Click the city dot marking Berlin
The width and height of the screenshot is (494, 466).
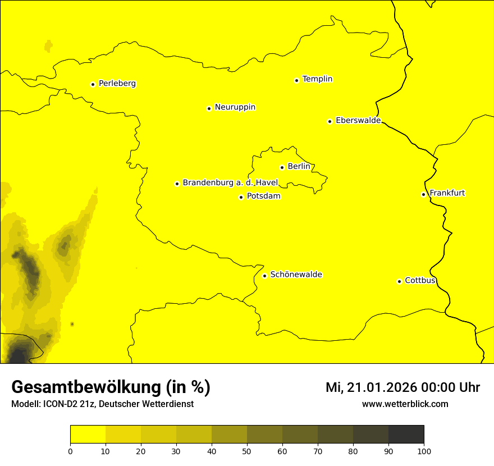point(282,167)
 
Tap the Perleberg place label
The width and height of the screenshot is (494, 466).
point(117,84)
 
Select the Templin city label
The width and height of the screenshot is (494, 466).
point(317,79)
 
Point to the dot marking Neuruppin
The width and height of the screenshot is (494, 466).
point(209,108)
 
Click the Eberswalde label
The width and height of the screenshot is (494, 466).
point(358,121)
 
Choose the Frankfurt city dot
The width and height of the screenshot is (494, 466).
point(423,194)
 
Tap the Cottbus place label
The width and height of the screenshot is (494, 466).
point(420,280)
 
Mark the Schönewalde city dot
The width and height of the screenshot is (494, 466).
point(264,276)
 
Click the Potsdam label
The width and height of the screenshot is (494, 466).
point(263,197)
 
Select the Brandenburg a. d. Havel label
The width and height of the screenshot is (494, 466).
point(230,182)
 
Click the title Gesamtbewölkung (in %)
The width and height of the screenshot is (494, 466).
point(111,387)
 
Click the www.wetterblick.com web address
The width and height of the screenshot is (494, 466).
point(405,404)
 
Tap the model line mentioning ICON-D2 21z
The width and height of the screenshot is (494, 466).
point(102,404)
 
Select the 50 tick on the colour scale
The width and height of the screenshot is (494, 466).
point(247,451)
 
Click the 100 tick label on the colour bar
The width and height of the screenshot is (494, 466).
point(424,451)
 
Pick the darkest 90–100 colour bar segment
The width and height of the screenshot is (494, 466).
point(406,435)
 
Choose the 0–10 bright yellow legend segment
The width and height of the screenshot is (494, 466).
point(88,435)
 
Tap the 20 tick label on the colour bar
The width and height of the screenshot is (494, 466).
point(141,451)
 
